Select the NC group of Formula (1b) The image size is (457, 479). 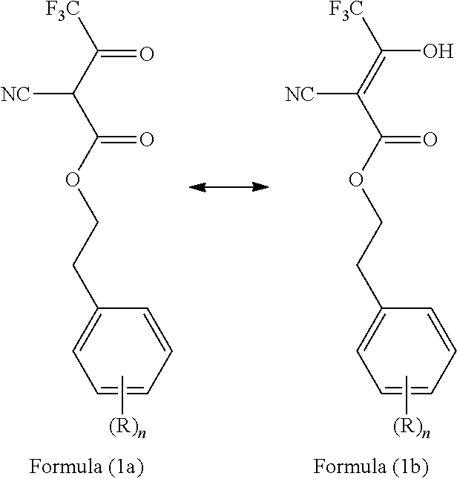pyautogui.click(x=300, y=94)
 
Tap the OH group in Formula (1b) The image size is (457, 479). pyautogui.click(x=435, y=52)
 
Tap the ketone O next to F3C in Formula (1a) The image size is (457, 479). pyautogui.click(x=146, y=54)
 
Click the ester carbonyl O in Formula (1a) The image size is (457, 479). pyautogui.click(x=146, y=138)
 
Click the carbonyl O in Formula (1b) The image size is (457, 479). pyautogui.click(x=430, y=138)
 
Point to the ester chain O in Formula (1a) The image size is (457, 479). pyautogui.click(x=71, y=179)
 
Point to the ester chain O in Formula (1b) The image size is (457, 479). pyautogui.click(x=355, y=179)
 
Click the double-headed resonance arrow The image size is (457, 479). pyautogui.click(x=228, y=187)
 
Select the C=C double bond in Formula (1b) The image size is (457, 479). pyautogui.click(x=370, y=74)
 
